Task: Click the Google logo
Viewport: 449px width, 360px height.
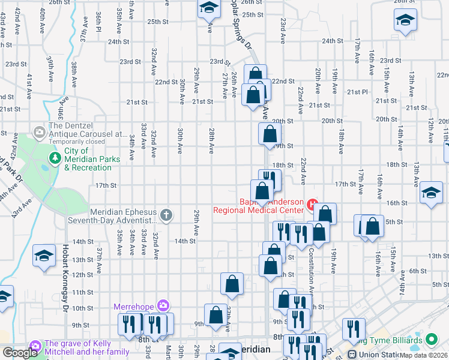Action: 19,353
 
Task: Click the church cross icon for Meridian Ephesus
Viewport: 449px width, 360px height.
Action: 167,214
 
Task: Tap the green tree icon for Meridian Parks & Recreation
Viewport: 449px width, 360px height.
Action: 55,157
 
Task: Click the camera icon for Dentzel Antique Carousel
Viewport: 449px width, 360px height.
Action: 40,131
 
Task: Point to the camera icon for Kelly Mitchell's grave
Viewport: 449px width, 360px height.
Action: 35,346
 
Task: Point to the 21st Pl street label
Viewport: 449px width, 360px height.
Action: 357,92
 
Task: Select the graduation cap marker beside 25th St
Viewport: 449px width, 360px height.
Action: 209,8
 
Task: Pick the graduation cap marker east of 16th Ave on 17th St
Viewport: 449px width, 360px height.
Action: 430,193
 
